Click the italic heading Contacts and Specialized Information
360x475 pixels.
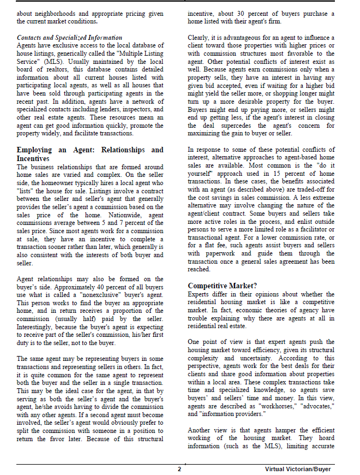[69, 37]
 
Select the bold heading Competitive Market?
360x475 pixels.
[222, 286]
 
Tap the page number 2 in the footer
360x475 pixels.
[179, 469]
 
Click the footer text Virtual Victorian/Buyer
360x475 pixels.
[298, 469]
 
